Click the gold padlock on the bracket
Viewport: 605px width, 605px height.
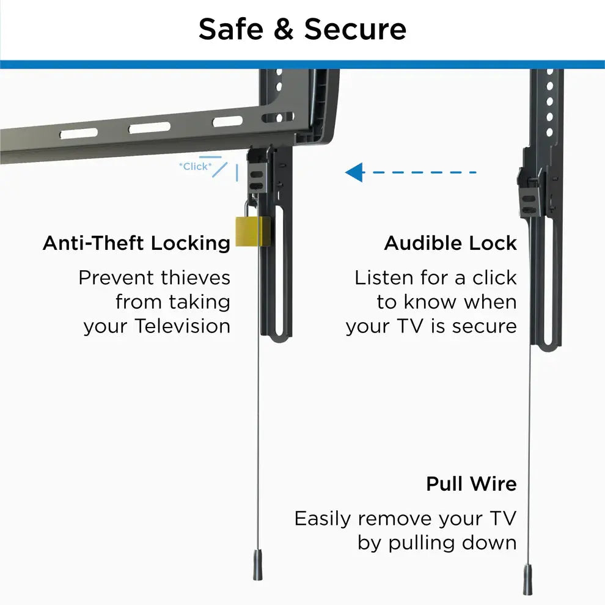(x=253, y=231)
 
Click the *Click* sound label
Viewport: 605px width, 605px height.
(x=196, y=166)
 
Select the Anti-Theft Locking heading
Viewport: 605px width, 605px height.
(x=136, y=243)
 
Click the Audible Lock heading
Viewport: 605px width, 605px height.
(x=450, y=243)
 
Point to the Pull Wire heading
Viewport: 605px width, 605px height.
(x=471, y=484)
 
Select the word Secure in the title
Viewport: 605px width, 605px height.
(x=355, y=29)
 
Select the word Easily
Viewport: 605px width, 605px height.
(x=323, y=519)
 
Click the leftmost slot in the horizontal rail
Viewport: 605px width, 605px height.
(x=78, y=133)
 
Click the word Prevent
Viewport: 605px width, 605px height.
(x=117, y=278)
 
